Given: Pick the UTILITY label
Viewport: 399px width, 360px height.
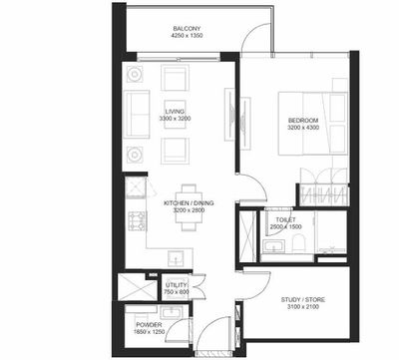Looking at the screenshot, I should tap(176, 285).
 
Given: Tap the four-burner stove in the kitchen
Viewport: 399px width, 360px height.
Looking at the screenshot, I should tap(134, 221).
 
